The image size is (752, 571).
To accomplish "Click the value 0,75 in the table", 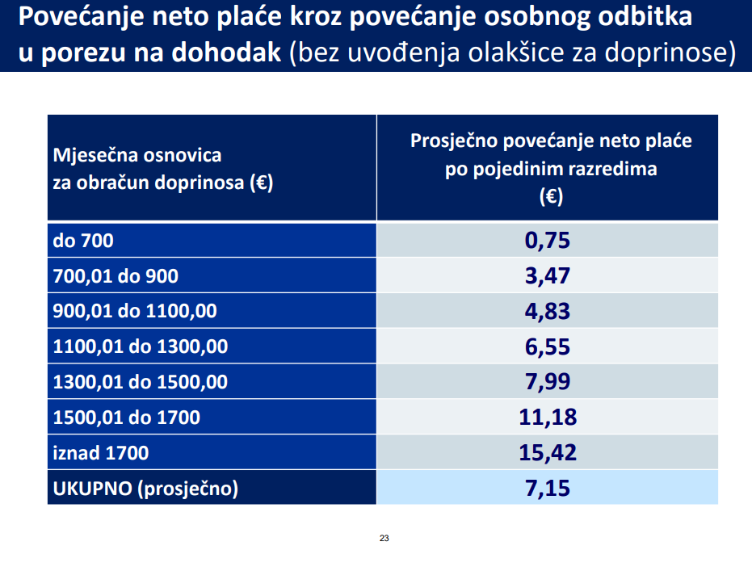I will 547,241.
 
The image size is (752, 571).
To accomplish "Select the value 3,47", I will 547,275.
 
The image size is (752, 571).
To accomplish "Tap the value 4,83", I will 547,311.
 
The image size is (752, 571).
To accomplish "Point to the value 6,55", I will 547,346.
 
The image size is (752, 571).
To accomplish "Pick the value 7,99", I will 547,382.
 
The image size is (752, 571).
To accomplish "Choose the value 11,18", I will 547,418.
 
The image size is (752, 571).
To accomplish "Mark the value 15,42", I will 547,452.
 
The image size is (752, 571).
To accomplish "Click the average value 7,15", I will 547,488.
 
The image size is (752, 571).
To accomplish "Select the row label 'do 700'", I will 83,241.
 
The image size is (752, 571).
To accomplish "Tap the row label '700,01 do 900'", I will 115,276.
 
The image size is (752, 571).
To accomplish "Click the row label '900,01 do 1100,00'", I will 134,312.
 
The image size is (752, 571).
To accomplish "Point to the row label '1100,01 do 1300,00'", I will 140,347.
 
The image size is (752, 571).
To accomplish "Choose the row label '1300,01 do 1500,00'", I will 140,383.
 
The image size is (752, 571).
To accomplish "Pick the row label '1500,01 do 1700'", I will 126,418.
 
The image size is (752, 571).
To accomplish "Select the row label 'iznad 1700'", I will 100,453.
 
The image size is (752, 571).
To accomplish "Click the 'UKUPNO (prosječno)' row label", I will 146,489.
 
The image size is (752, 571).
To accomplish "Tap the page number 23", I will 384,538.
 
